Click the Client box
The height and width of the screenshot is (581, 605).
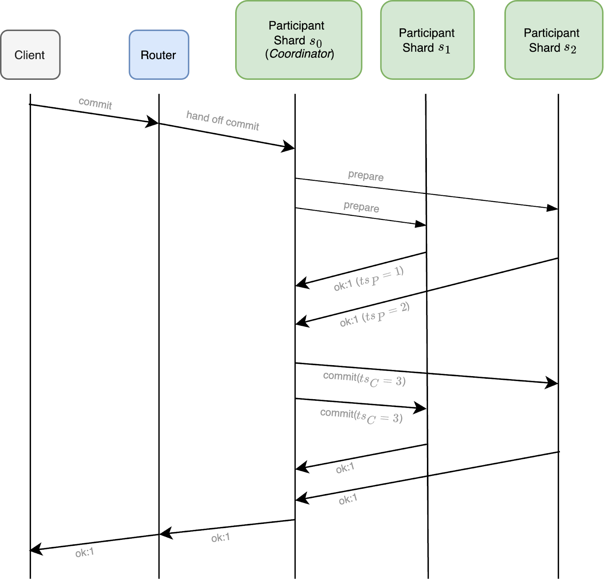point(30,55)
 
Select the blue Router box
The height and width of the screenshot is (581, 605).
point(159,55)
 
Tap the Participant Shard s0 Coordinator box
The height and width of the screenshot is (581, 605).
point(299,40)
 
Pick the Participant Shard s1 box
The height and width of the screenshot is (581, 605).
point(427,40)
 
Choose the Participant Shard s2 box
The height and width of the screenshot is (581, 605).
point(554,40)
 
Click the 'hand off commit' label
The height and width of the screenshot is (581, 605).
point(223,121)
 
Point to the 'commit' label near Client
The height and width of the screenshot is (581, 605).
point(95,103)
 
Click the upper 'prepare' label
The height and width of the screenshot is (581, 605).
point(366,176)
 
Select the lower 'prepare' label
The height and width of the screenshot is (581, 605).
point(361,207)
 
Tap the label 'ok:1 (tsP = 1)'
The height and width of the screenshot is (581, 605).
point(369,279)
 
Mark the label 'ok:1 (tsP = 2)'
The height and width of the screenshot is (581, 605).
point(374,315)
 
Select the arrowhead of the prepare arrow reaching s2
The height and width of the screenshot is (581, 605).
point(553,208)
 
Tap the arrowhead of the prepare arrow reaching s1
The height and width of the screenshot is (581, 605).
point(421,225)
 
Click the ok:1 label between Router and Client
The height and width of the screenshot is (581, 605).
point(84,553)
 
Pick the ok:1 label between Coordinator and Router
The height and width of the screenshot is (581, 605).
point(220,538)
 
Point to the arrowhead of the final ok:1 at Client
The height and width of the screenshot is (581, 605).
point(36,549)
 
